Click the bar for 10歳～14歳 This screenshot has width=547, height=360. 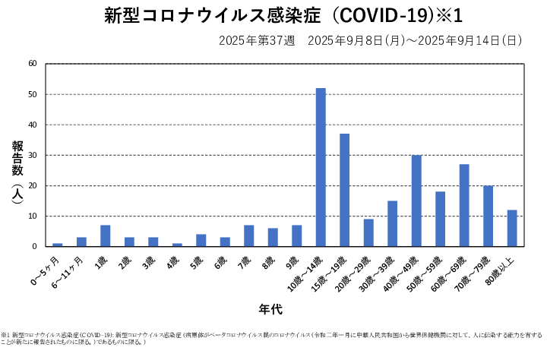coord(321,167)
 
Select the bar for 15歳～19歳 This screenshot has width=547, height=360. coord(344,190)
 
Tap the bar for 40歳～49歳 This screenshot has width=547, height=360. coord(416,201)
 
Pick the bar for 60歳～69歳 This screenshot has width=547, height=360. coord(464,205)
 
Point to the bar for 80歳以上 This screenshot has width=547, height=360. coord(512,228)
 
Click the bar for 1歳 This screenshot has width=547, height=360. coord(106,235)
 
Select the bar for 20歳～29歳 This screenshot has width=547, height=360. coord(368,232)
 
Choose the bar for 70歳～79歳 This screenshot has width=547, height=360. coord(488,216)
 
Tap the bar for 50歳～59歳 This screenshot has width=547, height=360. coord(440,219)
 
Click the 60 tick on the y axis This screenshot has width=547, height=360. coord(33,64)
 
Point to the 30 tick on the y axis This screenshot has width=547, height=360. coord(33,155)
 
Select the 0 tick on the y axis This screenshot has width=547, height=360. coord(35,246)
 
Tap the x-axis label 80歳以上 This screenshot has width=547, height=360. coord(506,269)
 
